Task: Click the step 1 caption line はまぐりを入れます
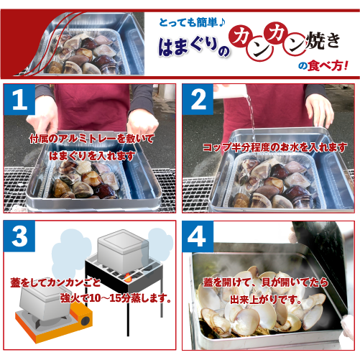(91, 154)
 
